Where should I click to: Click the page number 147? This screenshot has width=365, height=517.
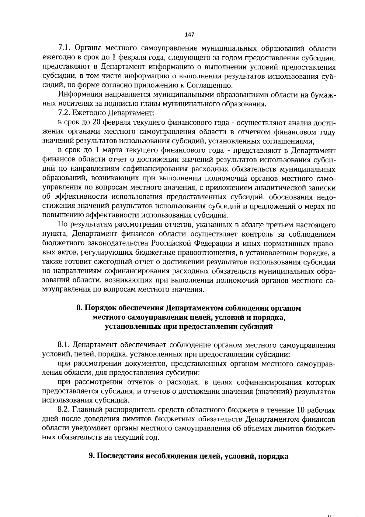click(189, 34)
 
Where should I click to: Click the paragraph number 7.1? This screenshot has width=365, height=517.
click(64, 48)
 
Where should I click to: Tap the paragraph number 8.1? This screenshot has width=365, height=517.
click(64, 345)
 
